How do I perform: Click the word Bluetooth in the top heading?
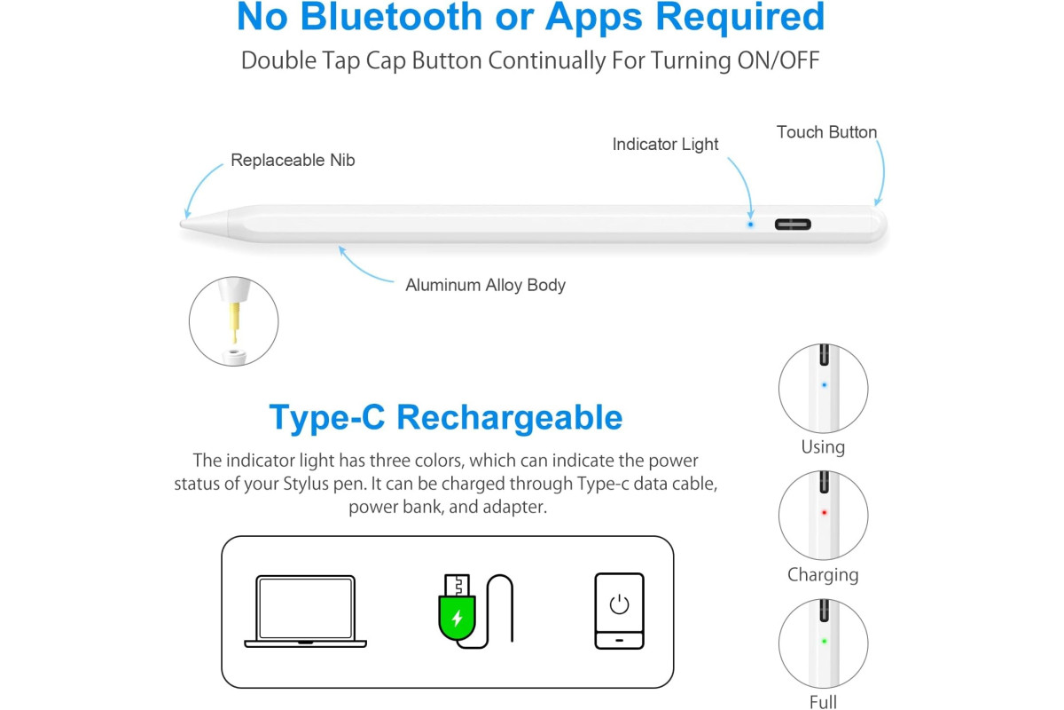click(391, 17)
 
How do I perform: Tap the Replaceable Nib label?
click(293, 161)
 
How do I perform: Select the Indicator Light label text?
click(665, 145)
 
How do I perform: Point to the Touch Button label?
click(826, 132)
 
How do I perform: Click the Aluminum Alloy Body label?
click(485, 286)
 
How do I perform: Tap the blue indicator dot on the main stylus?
click(750, 225)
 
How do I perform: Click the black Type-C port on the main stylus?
click(793, 225)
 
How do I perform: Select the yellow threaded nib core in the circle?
click(234, 322)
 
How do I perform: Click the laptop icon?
click(305, 611)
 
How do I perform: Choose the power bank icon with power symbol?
click(620, 611)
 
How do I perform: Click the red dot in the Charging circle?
click(824, 513)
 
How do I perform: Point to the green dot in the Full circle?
click(824, 641)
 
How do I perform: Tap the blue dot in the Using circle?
click(824, 384)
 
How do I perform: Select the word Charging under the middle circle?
click(823, 575)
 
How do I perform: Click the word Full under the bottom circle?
click(823, 702)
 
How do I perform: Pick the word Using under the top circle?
click(823, 447)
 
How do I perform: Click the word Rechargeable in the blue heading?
click(509, 418)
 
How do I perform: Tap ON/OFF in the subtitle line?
click(778, 61)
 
